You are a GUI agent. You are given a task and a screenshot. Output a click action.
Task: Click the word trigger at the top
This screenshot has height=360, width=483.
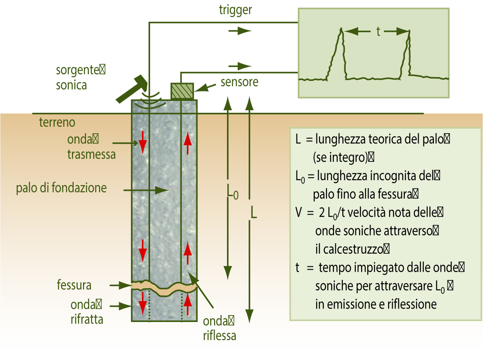tap(235, 10)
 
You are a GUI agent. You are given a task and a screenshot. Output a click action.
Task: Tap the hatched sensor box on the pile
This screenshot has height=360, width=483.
tap(182, 91)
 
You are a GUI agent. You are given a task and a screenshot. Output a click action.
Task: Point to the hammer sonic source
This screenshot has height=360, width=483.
tap(132, 89)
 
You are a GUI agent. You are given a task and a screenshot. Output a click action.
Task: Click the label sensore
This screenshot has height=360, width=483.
tap(239, 82)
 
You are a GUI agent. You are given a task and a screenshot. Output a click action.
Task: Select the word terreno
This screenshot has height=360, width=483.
tap(57, 122)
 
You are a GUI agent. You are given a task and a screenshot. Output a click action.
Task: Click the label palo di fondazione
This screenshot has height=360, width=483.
tap(61, 188)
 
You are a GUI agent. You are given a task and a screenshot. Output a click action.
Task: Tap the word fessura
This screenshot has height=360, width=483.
tap(74, 285)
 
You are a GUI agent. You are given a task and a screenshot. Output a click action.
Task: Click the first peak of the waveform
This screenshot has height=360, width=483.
tap(341, 30)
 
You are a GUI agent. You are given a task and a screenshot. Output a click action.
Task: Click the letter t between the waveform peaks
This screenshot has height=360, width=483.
tap(378, 31)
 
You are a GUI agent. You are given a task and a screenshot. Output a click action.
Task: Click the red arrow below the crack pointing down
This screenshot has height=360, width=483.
tap(143, 303)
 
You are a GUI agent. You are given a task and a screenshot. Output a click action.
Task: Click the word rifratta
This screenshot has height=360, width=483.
tap(87, 320)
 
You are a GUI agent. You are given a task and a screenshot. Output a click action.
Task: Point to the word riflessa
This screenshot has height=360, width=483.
tap(220, 336)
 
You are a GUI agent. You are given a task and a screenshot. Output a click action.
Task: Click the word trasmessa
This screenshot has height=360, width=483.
tap(92, 154)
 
